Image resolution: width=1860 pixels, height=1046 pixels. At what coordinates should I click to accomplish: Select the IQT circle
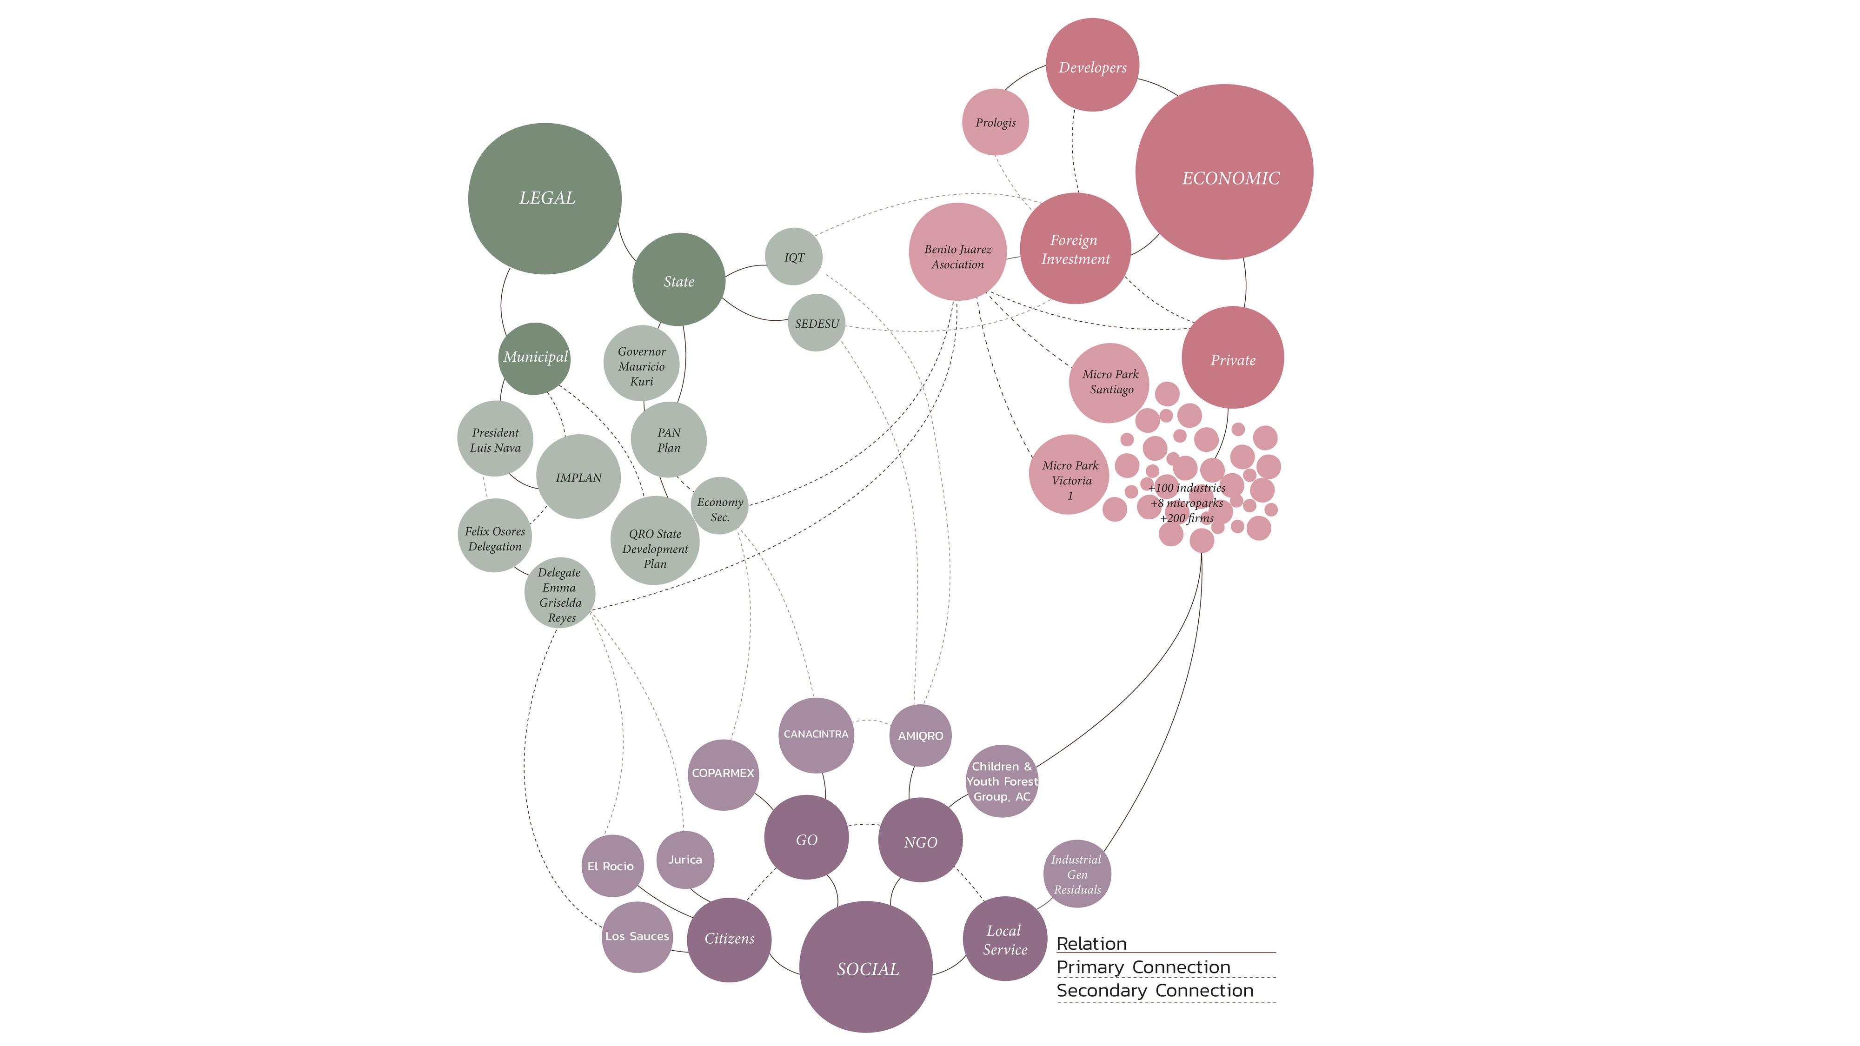point(794,257)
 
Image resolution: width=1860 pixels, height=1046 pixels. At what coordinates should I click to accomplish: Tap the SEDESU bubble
point(817,324)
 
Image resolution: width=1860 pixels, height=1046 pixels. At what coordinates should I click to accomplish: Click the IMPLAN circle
point(578,477)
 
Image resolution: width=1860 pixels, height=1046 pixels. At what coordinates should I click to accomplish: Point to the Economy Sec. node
point(719,507)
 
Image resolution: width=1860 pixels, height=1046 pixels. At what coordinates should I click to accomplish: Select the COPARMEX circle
point(723,773)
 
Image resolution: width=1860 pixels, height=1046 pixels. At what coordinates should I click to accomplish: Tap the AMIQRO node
point(920,735)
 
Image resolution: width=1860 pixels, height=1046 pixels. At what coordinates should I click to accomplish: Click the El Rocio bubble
point(611,866)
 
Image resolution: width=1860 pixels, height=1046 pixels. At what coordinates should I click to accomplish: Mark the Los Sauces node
point(637,936)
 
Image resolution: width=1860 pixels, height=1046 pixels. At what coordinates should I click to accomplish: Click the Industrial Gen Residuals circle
point(1076,874)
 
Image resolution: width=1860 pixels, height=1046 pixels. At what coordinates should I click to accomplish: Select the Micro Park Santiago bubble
point(1110,383)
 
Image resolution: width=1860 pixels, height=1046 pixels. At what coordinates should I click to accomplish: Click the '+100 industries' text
point(1187,489)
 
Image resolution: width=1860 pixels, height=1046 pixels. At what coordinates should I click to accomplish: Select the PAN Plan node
point(669,440)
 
